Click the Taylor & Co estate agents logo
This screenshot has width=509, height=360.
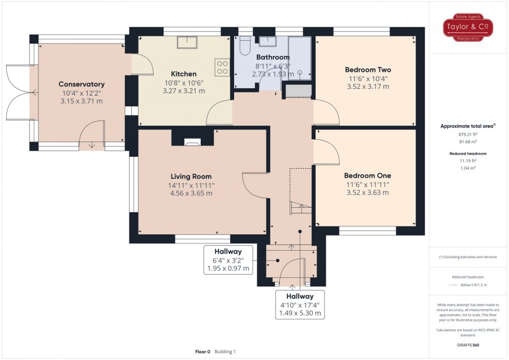tap(468, 27)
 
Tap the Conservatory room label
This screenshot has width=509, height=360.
tap(81, 84)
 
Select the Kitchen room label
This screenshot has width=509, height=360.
tap(184, 74)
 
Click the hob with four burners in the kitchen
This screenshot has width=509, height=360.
tap(222, 67)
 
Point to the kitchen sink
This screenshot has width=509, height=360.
tap(187, 42)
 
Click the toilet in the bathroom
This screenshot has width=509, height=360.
tap(245, 45)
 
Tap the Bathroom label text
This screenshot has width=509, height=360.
tap(273, 57)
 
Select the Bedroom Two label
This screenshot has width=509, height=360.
tap(368, 70)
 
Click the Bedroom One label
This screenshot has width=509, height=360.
tap(368, 175)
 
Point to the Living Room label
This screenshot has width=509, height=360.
tap(191, 177)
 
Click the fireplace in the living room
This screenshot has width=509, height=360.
tap(192, 142)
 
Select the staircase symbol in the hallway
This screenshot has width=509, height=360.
tap(300, 207)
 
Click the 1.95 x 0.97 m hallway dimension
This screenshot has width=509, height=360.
tap(228, 268)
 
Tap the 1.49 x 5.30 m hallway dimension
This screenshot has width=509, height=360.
tap(300, 313)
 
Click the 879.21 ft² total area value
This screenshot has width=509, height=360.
tap(468, 134)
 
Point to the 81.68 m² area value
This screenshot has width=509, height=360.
tap(468, 142)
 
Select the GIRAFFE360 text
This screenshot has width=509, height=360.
tap(468, 345)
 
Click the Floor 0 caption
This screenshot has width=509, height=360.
tap(202, 352)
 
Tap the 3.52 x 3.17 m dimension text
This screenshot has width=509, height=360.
tap(368, 87)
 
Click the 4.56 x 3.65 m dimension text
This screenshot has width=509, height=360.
tap(191, 194)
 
